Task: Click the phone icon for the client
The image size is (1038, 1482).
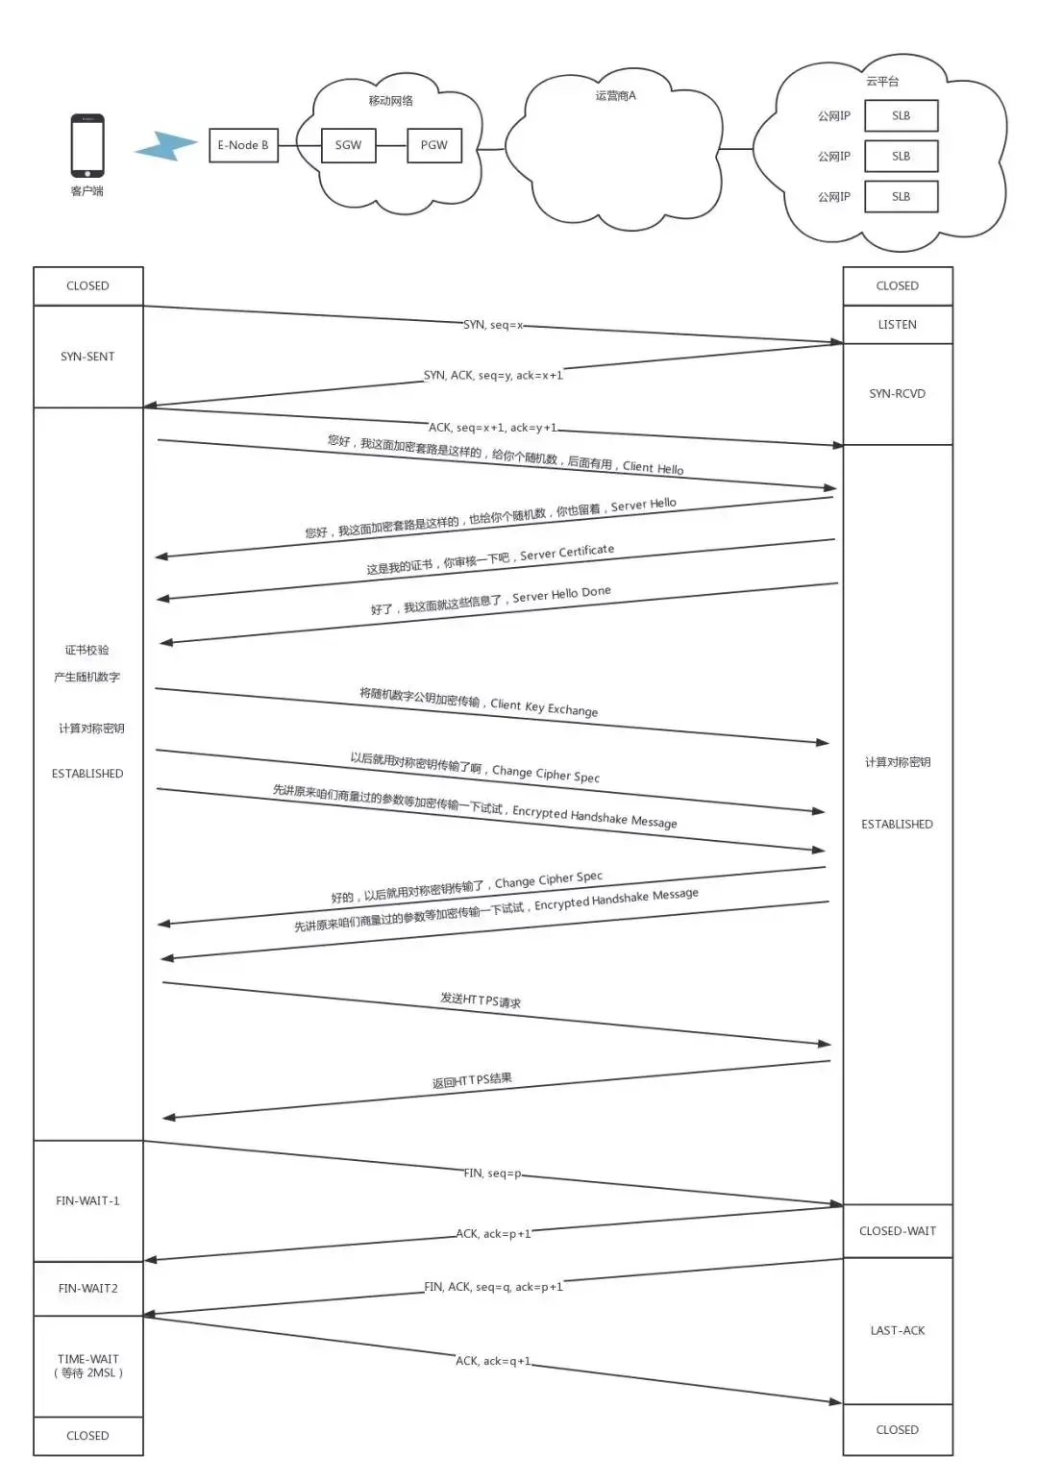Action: pyautogui.click(x=87, y=145)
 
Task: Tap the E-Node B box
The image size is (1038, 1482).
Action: pyautogui.click(x=243, y=145)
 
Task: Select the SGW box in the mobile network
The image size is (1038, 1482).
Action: pyautogui.click(x=348, y=145)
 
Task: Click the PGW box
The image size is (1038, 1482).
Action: pyautogui.click(x=433, y=145)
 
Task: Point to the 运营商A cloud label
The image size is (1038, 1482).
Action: pyautogui.click(x=615, y=96)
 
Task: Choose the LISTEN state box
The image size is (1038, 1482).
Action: pyautogui.click(x=897, y=325)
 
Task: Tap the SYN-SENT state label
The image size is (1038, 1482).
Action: pyautogui.click(x=87, y=357)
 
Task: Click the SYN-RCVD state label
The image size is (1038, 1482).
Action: pyautogui.click(x=897, y=394)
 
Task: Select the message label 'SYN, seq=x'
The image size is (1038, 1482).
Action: pyautogui.click(x=493, y=325)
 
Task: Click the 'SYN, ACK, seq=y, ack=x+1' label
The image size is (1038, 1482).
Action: pyautogui.click(x=493, y=375)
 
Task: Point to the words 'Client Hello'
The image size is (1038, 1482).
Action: pyautogui.click(x=654, y=467)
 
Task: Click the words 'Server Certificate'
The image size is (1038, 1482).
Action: pyautogui.click(x=567, y=553)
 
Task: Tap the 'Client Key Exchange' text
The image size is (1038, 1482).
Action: pyautogui.click(x=544, y=707)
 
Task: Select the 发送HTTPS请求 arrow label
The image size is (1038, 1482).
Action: pyautogui.click(x=481, y=1000)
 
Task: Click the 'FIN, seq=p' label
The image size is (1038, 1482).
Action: pyautogui.click(x=492, y=1173)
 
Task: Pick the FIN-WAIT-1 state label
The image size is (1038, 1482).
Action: pyautogui.click(x=87, y=1201)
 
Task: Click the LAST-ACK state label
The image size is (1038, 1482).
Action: pyautogui.click(x=897, y=1331)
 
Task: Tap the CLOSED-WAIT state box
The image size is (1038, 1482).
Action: pyautogui.click(x=897, y=1231)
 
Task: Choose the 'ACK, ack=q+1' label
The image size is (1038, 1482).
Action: pyautogui.click(x=493, y=1361)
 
